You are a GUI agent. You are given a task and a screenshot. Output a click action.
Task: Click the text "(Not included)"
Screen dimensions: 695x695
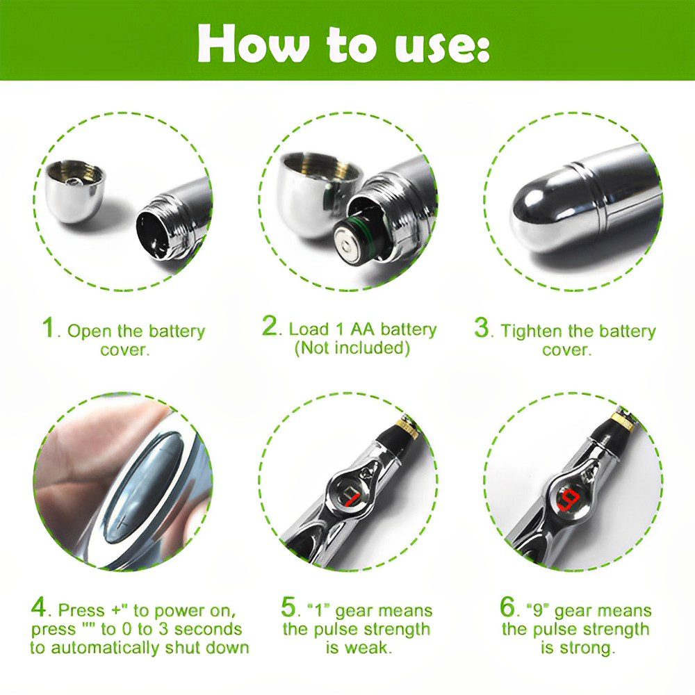351,347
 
